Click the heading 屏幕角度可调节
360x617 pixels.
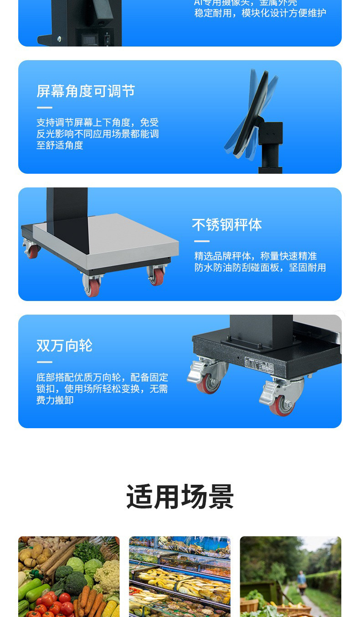[86, 91]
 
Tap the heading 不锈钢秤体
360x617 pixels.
[226, 225]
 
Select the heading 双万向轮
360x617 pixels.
[64, 346]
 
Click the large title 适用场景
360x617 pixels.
[180, 497]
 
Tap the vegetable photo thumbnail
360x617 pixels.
[69, 576]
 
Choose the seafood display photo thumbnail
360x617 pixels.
[180, 576]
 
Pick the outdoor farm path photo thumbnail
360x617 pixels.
[290, 576]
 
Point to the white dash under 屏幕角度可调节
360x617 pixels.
[44, 108]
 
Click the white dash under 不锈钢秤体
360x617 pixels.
[201, 241]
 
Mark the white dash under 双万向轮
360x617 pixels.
[44, 362]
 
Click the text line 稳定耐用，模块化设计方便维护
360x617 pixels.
[260, 13]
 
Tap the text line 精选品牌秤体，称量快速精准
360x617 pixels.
[255, 256]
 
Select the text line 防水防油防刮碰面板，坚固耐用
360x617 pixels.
[260, 268]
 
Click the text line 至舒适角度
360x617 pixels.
[60, 145]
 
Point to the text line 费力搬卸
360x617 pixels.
[55, 400]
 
